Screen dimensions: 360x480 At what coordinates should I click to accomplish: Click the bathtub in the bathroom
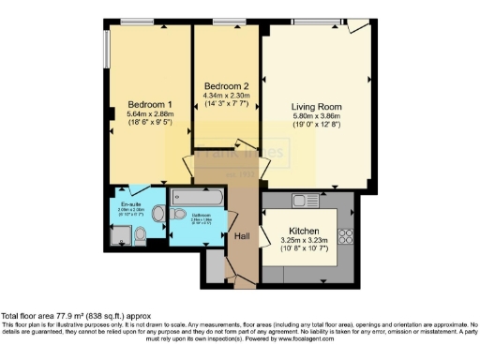pyautogui.click(x=198, y=198)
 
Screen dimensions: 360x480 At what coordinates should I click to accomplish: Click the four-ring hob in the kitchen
pyautogui.click(x=344, y=233)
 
